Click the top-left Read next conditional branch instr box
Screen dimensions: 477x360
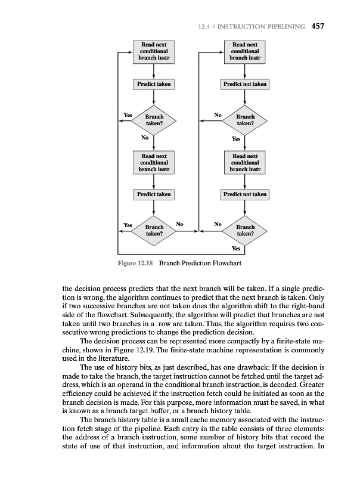pos(154,52)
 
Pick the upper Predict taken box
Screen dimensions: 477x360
pos(154,84)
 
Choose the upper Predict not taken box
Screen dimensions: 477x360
pos(245,84)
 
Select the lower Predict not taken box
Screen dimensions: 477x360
pos(245,194)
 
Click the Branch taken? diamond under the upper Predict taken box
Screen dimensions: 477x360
pos(154,120)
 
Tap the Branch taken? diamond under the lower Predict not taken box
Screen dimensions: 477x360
pos(245,230)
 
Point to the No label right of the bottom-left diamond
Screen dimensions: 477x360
pos(180,224)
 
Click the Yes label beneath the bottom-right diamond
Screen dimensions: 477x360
pos(236,248)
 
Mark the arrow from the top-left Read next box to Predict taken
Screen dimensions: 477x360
pos(154,70)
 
